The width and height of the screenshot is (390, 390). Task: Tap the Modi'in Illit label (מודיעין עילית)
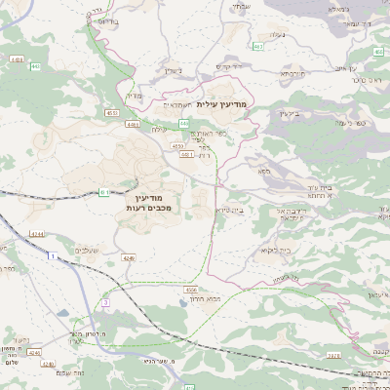click(222, 102)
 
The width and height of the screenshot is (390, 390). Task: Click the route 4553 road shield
click(113, 113)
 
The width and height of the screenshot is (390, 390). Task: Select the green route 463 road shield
click(257, 46)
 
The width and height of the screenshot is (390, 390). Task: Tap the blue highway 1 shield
click(50, 254)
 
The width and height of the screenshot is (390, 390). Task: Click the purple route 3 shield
click(104, 304)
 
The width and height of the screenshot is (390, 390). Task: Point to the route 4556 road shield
click(191, 290)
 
